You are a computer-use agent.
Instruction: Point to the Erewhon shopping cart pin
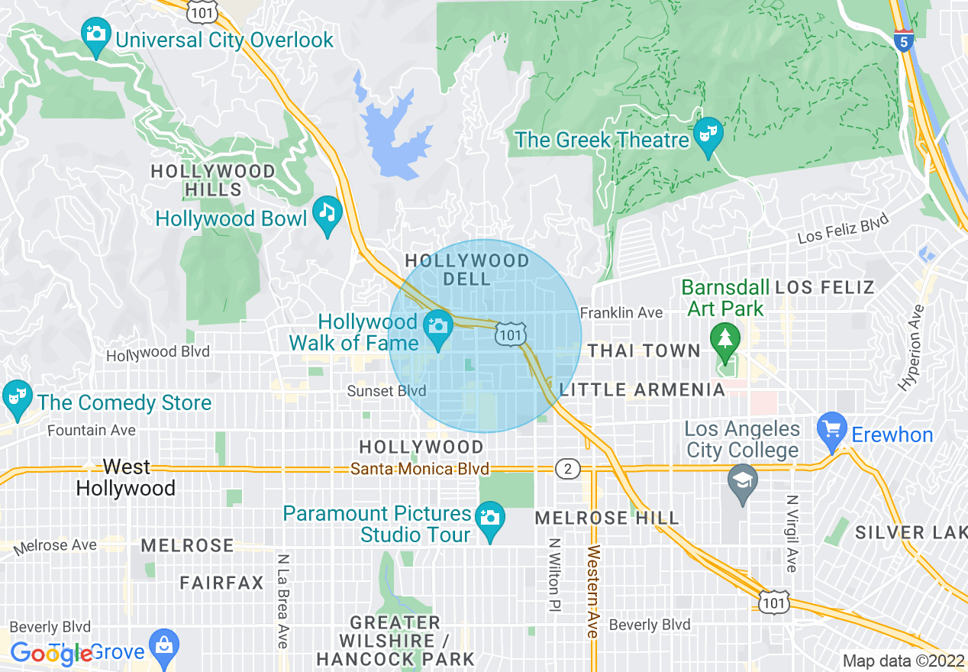tap(831, 429)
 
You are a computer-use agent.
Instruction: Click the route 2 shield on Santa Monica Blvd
tap(567, 468)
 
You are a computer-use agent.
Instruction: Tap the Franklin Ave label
tap(621, 312)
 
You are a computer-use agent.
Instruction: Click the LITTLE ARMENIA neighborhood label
tap(641, 390)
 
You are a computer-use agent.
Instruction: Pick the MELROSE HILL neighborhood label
tap(606, 518)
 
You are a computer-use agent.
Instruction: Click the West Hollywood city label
tap(126, 477)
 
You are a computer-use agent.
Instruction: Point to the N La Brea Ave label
tap(282, 601)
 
